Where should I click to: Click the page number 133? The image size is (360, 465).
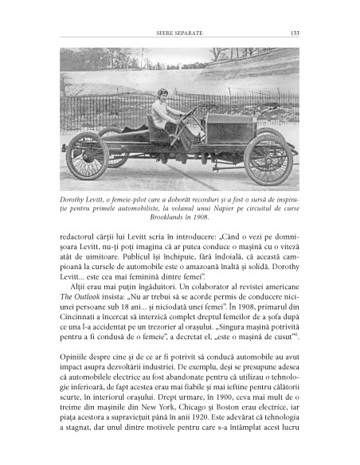[294, 33]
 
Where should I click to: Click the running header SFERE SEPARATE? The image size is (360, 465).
[180, 33]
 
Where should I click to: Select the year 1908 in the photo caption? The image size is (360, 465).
[214, 217]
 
